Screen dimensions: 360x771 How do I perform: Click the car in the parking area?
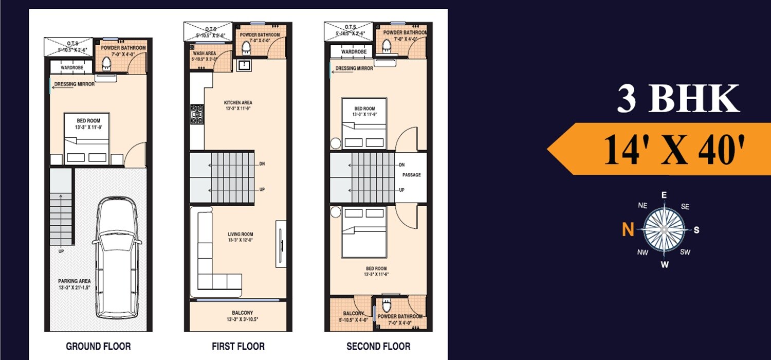tap(117, 257)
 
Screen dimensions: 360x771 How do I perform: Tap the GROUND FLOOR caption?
tap(98, 346)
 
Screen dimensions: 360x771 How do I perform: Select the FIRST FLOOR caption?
tap(238, 346)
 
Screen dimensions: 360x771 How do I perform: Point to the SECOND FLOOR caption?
tap(378, 346)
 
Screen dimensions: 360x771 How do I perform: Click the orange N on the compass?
tap(628, 230)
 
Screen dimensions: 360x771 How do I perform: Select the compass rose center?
tap(664, 229)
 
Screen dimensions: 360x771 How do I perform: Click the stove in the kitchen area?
tap(196, 114)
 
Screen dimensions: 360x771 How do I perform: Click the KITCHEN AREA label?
tap(238, 103)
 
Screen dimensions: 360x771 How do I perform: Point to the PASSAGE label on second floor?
tap(411, 175)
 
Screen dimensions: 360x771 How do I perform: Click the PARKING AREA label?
tap(75, 281)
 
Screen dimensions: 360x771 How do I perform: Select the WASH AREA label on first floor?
tap(204, 53)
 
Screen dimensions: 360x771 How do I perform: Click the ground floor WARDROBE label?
tap(71, 67)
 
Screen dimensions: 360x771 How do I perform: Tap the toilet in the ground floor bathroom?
tap(107, 63)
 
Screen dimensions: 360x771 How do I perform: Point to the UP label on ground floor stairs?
tap(61, 251)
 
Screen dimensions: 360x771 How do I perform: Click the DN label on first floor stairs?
tap(262, 164)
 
